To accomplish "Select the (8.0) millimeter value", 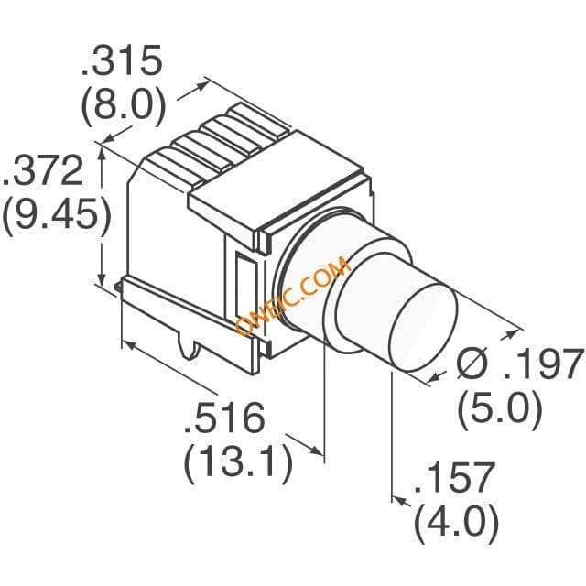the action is click(x=124, y=105).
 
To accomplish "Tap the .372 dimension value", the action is click(x=43, y=171).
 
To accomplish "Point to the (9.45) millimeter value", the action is click(x=57, y=217).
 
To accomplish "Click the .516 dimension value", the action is click(x=224, y=418).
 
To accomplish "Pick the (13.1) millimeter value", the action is click(x=238, y=464).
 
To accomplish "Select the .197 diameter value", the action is click(x=544, y=364).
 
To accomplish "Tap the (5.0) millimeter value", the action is click(x=500, y=410).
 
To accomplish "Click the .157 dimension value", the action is click(x=455, y=478).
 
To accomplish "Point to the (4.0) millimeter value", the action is click(x=457, y=524).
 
